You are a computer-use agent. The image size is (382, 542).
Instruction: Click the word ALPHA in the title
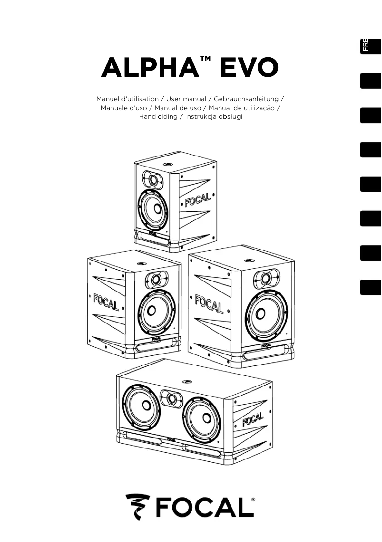click(149, 68)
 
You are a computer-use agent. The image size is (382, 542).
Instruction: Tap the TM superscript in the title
click(206, 59)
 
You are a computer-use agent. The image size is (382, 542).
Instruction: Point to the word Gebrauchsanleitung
click(246, 99)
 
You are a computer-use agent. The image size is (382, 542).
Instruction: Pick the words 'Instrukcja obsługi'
click(214, 117)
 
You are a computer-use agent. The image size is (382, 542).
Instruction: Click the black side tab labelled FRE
click(371, 45)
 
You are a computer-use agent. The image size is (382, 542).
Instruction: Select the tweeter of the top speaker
click(153, 180)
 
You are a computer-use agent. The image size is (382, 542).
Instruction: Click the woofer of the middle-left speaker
click(151, 312)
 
